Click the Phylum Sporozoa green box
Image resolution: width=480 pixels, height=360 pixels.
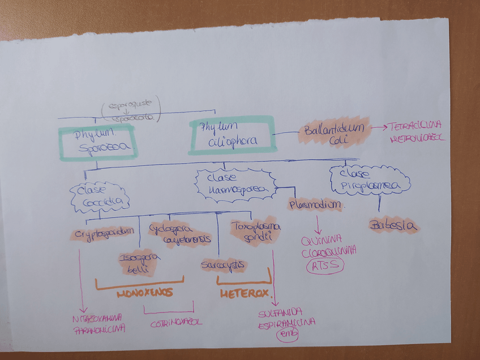tap(97, 142)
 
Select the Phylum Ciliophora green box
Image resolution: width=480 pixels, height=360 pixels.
tap(231, 135)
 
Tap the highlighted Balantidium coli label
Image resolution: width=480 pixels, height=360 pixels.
tap(334, 134)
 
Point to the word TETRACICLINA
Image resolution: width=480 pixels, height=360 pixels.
tap(413, 126)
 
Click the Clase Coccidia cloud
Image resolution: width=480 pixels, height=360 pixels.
tap(100, 196)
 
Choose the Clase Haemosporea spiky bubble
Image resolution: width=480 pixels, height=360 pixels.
tap(235, 184)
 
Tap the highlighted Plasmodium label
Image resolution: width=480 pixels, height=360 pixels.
tap(315, 205)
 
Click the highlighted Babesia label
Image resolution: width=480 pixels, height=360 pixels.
tap(394, 226)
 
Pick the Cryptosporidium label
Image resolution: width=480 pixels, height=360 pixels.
tap(105, 233)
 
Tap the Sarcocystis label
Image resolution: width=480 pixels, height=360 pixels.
tap(223, 264)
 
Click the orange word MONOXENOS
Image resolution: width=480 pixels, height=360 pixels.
tap(145, 294)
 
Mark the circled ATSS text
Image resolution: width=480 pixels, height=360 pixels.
tap(324, 265)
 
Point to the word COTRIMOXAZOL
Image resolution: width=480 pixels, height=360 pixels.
tap(176, 323)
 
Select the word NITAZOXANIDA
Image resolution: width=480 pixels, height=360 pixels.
tap(98, 318)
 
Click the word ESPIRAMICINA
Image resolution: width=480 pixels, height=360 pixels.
tap(286, 323)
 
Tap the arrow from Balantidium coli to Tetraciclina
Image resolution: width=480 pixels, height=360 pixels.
tap(378, 128)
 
